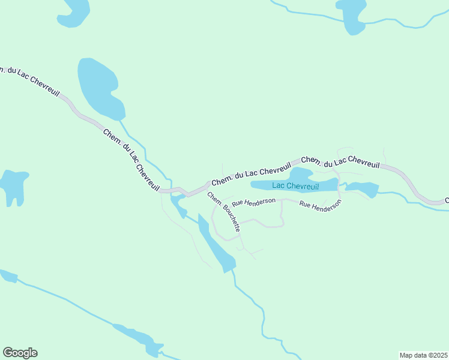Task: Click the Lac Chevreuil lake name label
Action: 295,186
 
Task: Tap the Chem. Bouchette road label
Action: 224,212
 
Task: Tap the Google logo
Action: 20,353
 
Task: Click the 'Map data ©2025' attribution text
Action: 423,355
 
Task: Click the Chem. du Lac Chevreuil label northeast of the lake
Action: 340,162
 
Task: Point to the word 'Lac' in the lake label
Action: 279,186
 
